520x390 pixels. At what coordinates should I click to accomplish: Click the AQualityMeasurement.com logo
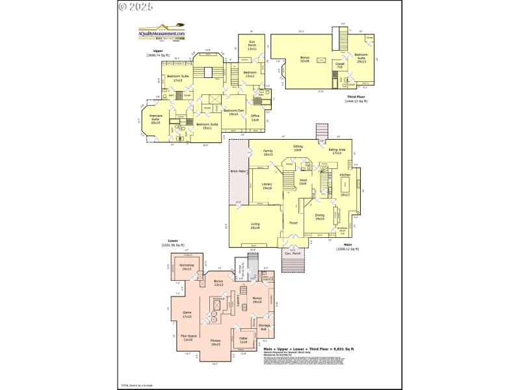pos(162,34)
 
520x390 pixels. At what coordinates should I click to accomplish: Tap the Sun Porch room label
pos(252,45)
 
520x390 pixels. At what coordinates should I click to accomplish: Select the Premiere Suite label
pos(155,120)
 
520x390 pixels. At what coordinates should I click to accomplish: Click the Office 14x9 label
pos(255,118)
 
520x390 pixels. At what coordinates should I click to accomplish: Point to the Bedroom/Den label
pos(233,112)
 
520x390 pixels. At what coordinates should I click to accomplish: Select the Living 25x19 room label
pos(255,226)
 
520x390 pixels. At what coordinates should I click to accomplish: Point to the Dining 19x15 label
pos(319,217)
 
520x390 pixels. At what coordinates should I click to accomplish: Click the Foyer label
pos(293,223)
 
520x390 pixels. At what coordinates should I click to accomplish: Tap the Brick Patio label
pos(238,172)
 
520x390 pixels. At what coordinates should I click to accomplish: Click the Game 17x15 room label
pos(187,315)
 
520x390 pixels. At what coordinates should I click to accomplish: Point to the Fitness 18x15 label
pos(215,342)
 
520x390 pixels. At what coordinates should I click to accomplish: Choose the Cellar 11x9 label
pos(244,340)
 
